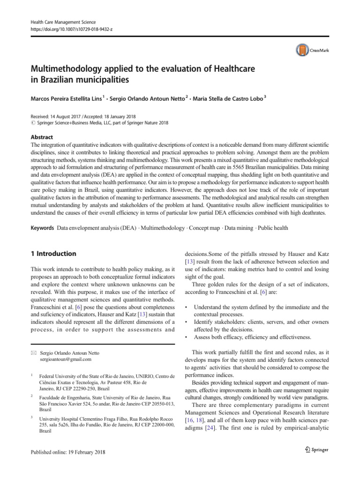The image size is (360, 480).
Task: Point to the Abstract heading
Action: point(41,137)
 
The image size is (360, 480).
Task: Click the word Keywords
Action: point(42,228)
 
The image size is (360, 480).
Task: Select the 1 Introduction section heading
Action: point(52,254)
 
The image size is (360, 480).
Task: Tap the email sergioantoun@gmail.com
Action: point(66,360)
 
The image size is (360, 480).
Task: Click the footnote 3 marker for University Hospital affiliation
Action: point(31,416)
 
